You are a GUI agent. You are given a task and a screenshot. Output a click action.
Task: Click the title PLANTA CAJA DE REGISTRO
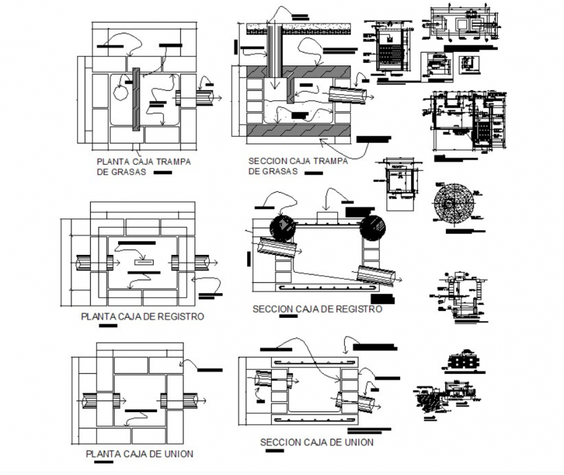point(142,317)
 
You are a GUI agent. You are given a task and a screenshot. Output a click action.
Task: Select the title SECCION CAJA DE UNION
point(316,443)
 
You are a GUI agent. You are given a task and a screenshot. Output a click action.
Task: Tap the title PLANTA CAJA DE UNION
point(139,454)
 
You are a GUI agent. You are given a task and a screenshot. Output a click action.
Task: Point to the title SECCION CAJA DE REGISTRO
point(317,310)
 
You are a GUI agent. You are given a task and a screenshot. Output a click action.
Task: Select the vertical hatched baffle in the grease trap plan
point(136,99)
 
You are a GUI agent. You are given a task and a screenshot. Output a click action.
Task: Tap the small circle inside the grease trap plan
point(121,92)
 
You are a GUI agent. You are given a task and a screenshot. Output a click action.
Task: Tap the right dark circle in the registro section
point(373,228)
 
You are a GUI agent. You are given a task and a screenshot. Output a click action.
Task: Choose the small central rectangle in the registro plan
point(143,262)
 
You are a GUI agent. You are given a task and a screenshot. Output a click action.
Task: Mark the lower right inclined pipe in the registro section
point(376,276)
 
